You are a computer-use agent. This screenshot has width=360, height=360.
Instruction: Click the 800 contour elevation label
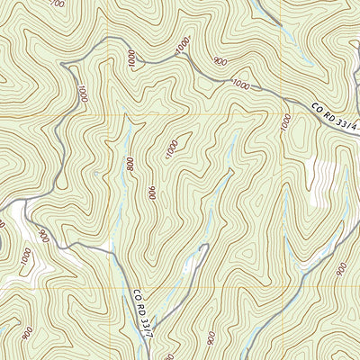coord(130,164)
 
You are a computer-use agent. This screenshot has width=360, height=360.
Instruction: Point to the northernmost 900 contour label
coord(219,61)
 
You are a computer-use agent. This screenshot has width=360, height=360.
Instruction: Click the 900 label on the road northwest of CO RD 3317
coord(41,236)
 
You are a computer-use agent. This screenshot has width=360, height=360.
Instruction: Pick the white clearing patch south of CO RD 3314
coord(319,180)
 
